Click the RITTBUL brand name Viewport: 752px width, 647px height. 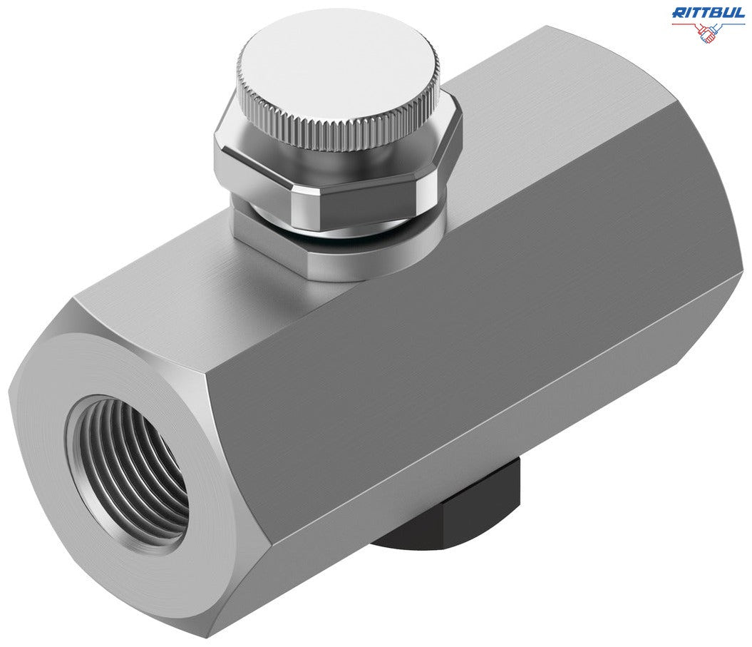(709, 12)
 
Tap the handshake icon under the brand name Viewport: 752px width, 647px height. (709, 32)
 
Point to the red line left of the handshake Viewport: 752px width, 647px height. (685, 24)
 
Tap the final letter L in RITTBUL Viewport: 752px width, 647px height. (741, 12)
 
